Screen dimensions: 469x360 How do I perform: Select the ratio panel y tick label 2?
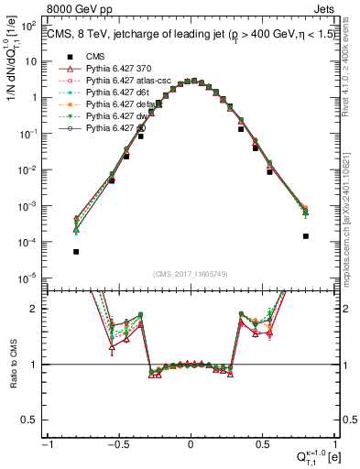pyautogui.click(x=38, y=309)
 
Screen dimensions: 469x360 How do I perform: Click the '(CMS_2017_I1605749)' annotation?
pyautogui.click(x=191, y=273)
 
